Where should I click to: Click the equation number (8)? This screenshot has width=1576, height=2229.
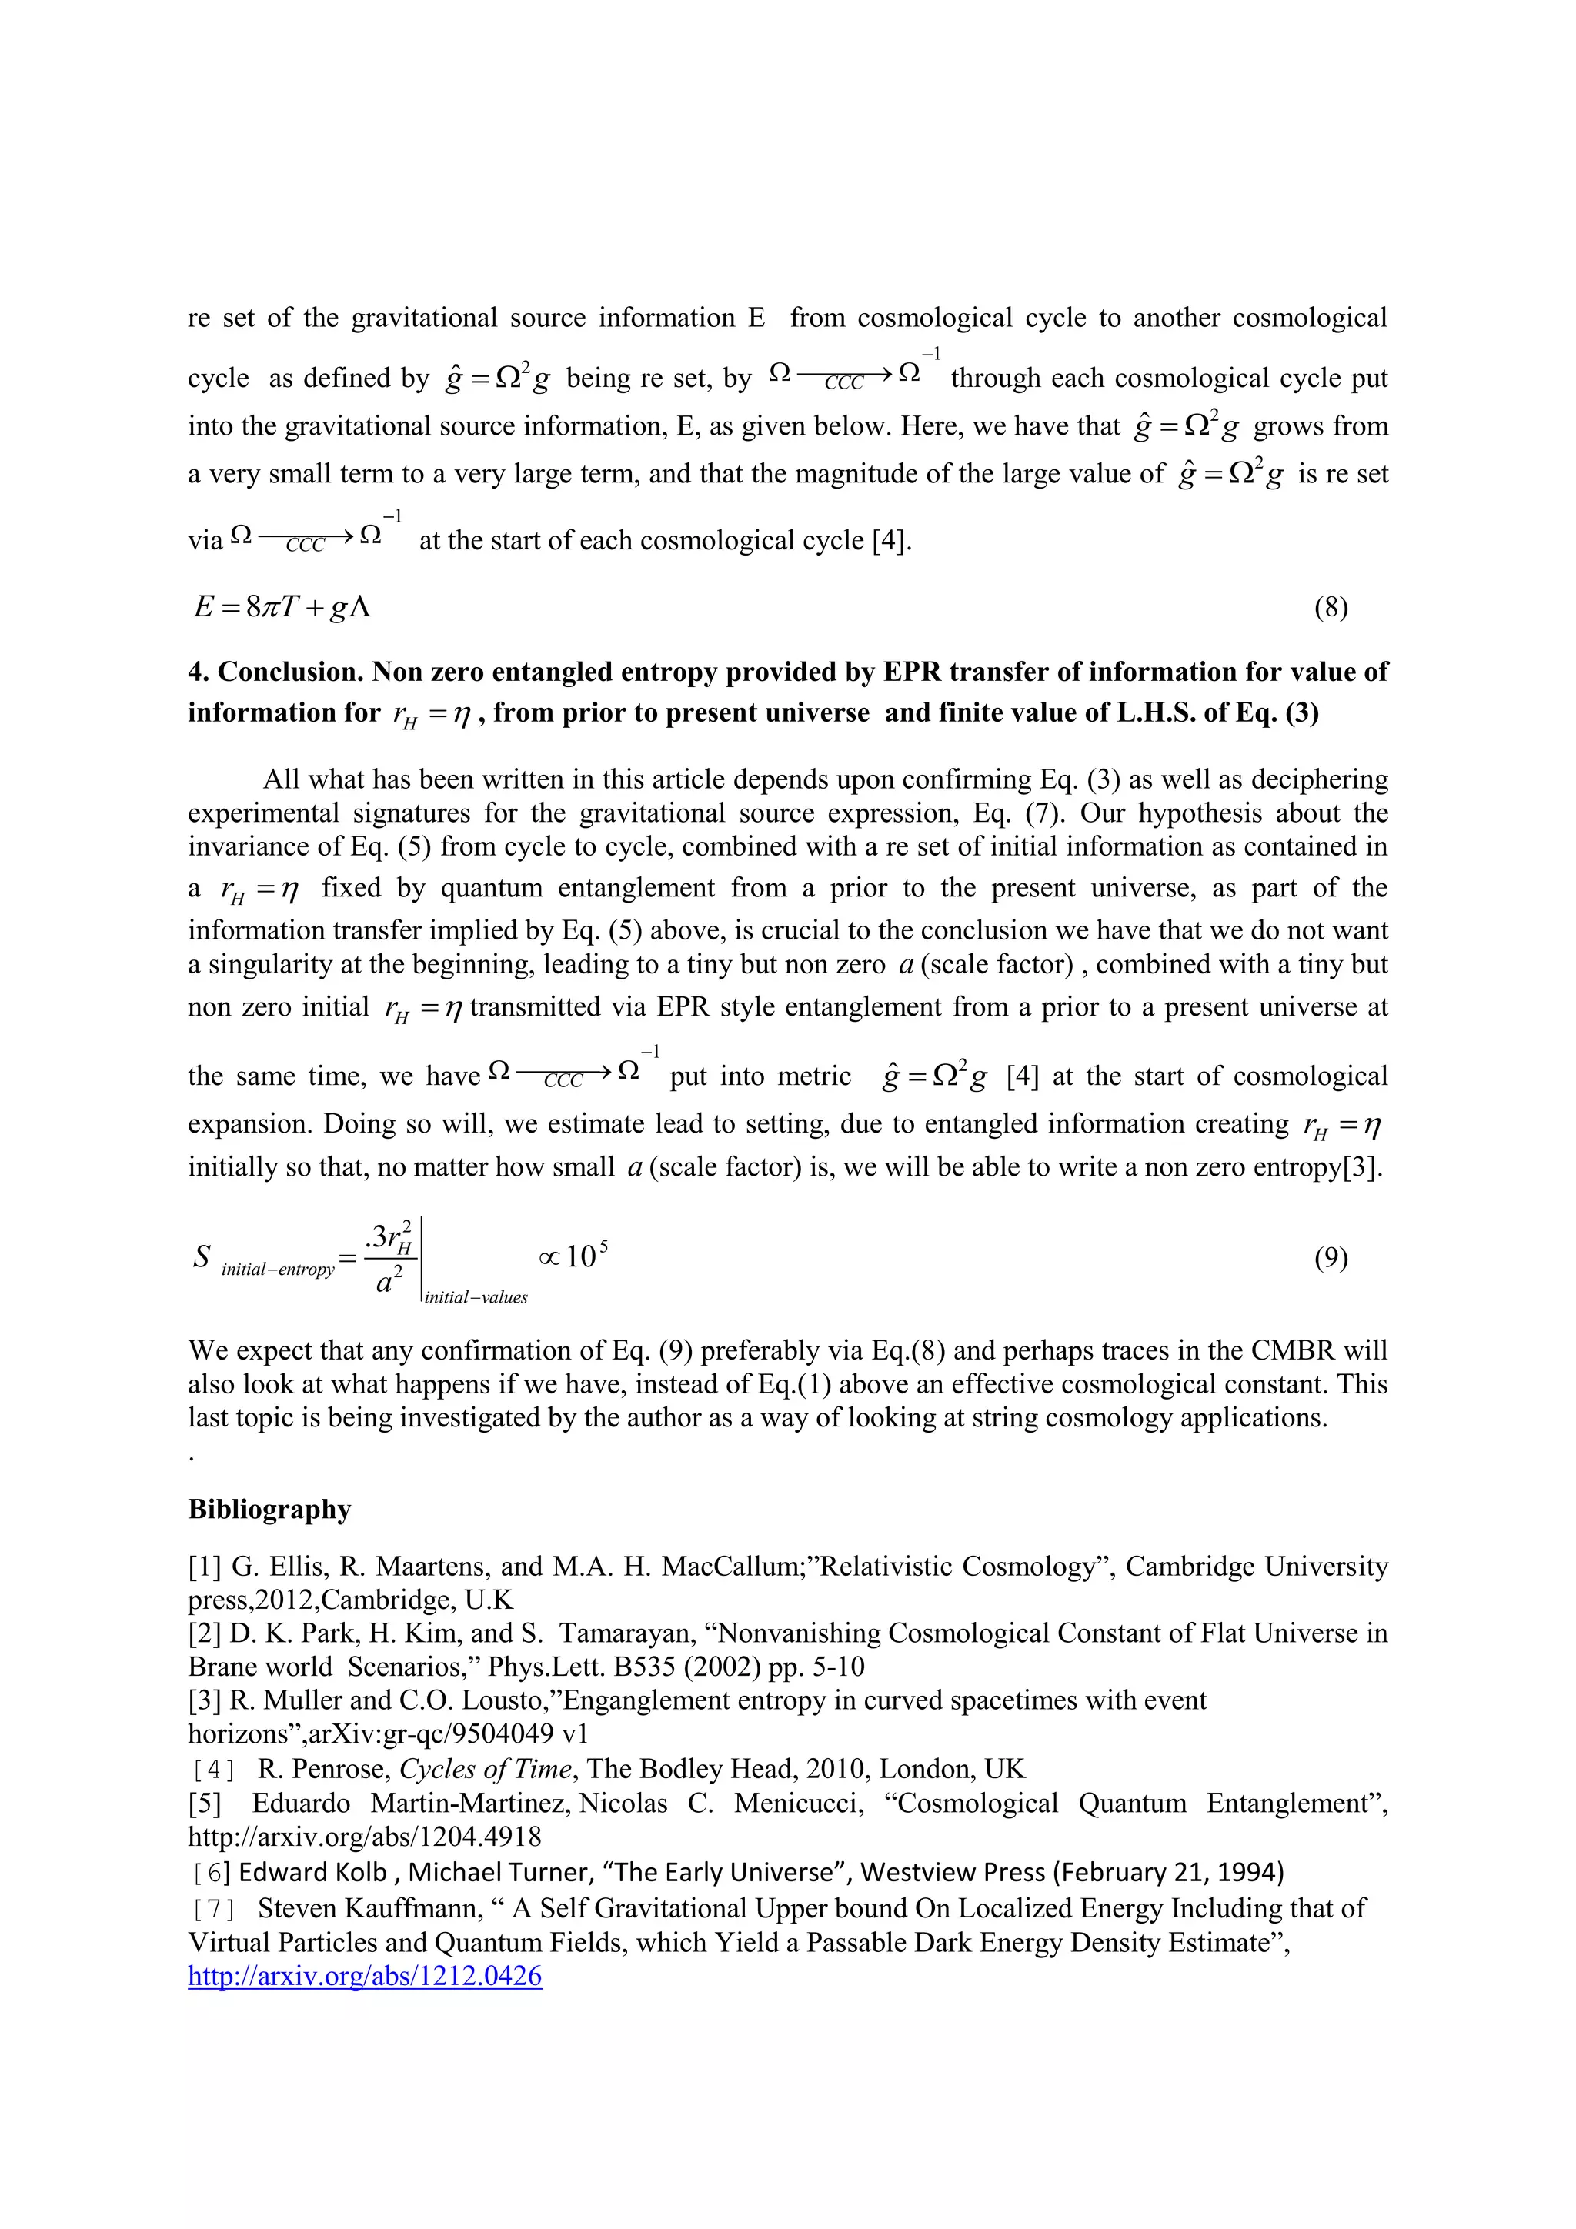point(1331,609)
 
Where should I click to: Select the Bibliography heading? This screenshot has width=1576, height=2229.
point(269,1510)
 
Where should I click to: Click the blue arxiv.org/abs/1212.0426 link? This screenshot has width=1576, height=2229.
point(364,1976)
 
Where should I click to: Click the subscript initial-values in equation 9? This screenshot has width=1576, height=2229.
point(476,1298)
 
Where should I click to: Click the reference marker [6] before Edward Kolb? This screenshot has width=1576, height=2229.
point(211,1873)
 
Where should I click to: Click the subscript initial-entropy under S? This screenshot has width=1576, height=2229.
point(278,1270)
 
